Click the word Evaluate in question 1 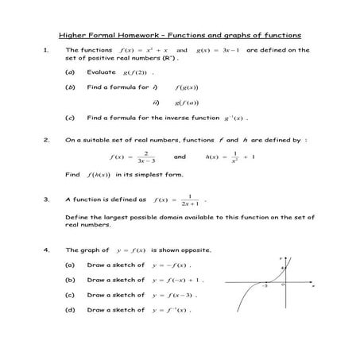pos(101,71)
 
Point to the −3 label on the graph pos(265,286)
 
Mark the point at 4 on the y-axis pos(282,268)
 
